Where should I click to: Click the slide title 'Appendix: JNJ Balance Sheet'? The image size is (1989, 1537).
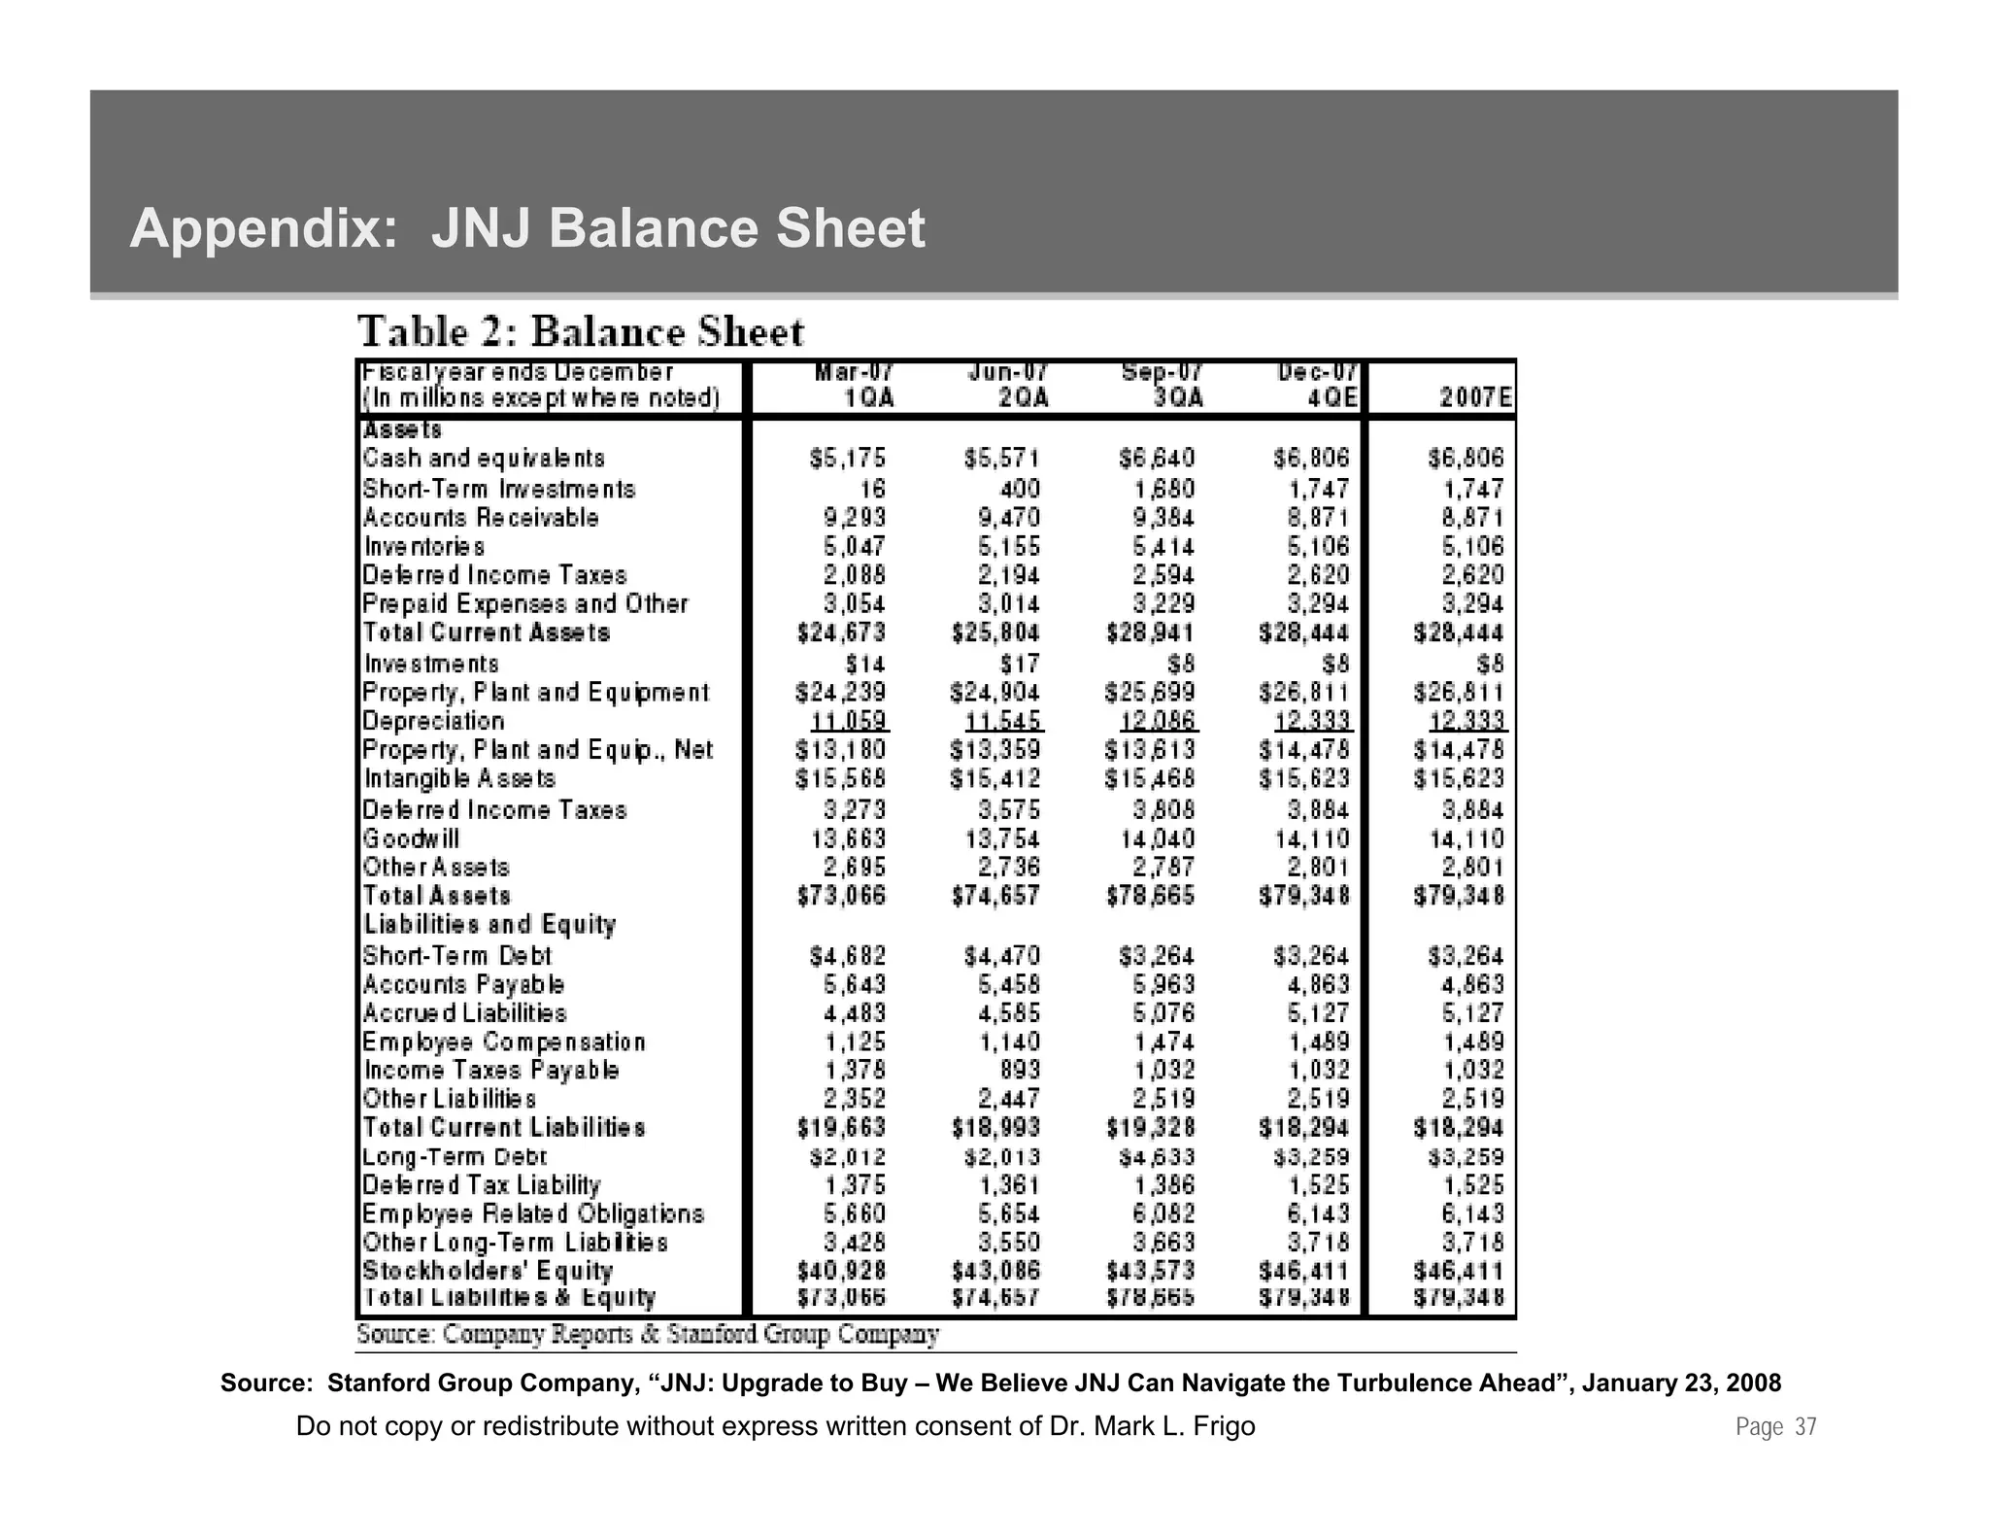(527, 229)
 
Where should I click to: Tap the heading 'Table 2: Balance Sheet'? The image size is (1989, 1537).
(581, 332)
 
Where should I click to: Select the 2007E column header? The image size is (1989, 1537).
(1474, 398)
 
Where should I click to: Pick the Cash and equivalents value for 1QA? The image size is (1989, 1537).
(847, 459)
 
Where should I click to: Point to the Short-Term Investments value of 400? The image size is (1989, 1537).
(1019, 489)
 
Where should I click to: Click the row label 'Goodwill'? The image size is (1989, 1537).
(411, 838)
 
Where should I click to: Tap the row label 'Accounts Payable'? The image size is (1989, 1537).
(463, 984)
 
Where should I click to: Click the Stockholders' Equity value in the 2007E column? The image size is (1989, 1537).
(1458, 1271)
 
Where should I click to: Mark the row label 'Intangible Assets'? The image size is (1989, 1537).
(459, 779)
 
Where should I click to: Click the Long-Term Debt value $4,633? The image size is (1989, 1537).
(1156, 1157)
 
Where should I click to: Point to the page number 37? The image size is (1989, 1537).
(1804, 1427)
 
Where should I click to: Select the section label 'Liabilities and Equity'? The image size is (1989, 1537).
(489, 924)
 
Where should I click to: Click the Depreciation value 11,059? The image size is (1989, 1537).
(849, 722)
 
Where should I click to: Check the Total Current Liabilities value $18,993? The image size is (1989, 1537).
(995, 1128)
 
